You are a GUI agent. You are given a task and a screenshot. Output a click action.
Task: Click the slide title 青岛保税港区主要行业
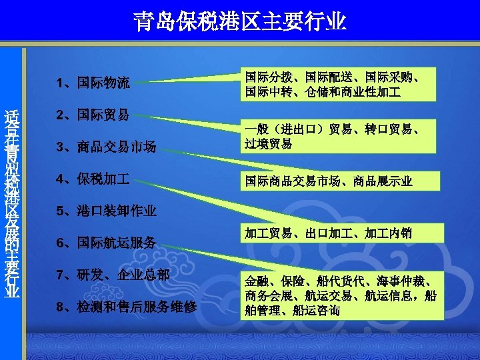pos(240,21)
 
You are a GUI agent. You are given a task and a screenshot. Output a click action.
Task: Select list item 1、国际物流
pos(94,83)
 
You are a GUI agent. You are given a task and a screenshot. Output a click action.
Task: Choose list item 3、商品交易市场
pos(107,147)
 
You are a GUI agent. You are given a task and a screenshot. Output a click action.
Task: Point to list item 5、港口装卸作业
pos(107,211)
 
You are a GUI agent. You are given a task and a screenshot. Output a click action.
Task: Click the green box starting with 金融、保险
pos(340,295)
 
